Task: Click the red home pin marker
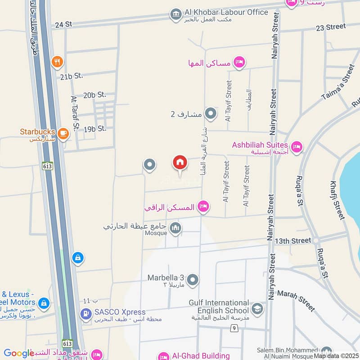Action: tap(180, 162)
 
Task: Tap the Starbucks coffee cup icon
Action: tap(63, 133)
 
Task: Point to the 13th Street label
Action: tap(293, 241)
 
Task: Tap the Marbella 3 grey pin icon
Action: tap(193, 280)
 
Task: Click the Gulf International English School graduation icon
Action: tap(257, 309)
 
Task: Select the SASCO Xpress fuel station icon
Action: tap(85, 313)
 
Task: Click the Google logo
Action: tap(18, 353)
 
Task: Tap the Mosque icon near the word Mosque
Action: tap(175, 229)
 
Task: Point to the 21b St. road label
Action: tap(72, 76)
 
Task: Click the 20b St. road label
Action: tap(94, 95)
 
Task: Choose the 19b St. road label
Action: tap(94, 129)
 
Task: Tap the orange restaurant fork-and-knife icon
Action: tap(57, 62)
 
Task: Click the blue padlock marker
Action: tap(78, 258)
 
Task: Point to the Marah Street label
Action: tap(296, 300)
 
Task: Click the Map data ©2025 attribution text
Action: tap(336, 355)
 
